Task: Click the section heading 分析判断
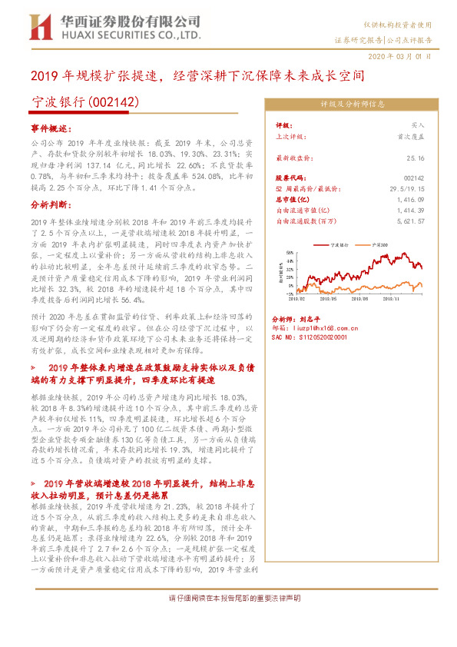pos(51,205)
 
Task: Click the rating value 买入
pos(418,124)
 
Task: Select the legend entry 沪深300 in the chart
pos(379,243)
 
